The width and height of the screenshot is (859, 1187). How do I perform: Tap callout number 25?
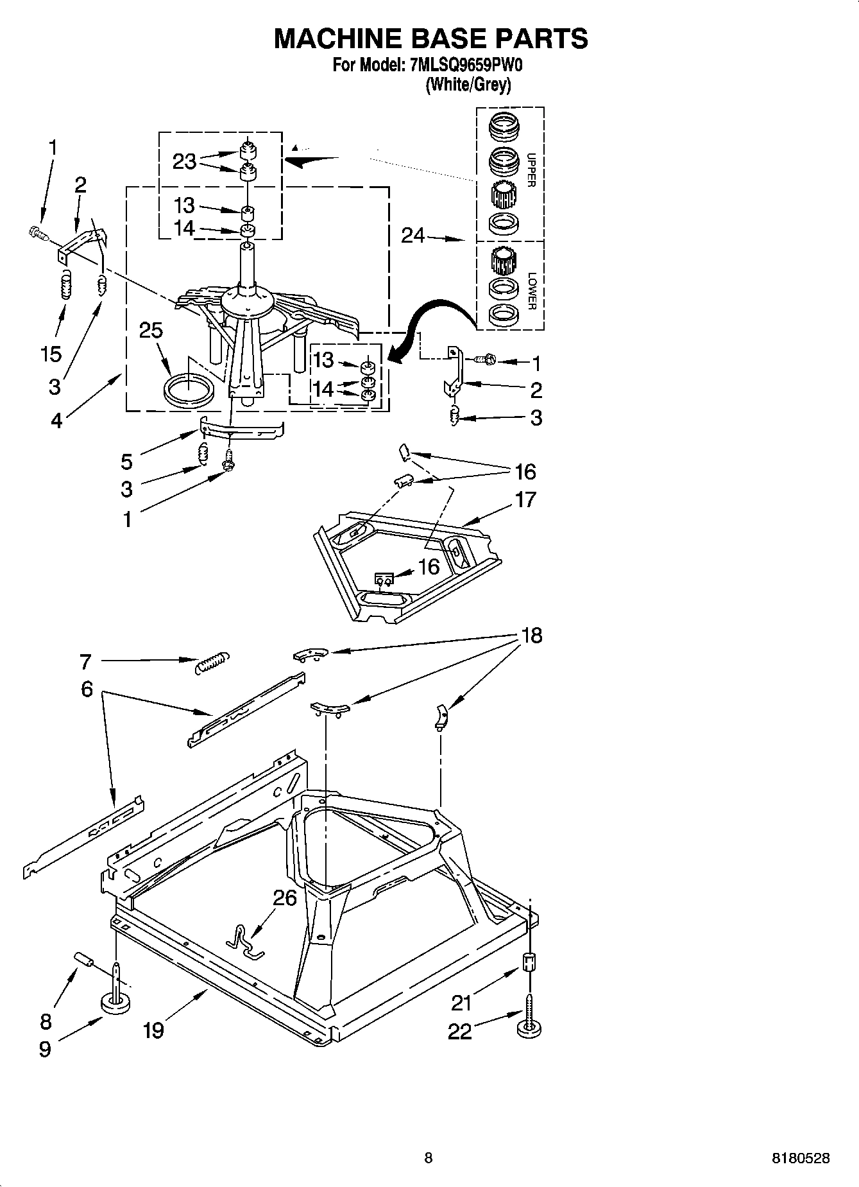click(151, 330)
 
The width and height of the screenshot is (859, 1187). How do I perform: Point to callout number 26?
click(285, 897)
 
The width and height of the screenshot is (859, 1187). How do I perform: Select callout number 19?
click(153, 1030)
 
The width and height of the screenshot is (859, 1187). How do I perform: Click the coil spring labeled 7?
click(211, 662)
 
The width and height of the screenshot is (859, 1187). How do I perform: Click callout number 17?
click(525, 499)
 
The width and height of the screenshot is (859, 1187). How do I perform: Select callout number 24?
click(413, 236)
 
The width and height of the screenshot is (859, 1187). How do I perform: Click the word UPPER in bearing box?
click(531, 169)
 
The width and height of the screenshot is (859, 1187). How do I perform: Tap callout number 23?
click(184, 161)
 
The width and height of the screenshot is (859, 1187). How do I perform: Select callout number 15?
click(51, 354)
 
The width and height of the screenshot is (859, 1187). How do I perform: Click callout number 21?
click(461, 1002)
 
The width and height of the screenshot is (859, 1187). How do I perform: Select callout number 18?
click(532, 636)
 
